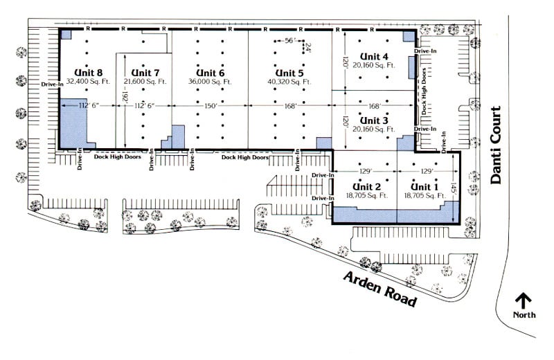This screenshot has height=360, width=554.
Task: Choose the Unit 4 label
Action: click(x=374, y=55)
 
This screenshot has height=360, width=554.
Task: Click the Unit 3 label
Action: click(x=374, y=120)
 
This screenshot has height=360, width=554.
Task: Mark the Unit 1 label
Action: click(x=425, y=187)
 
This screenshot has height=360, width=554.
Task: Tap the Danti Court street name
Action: click(x=496, y=160)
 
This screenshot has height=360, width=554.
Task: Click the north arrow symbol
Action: click(x=523, y=300)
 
